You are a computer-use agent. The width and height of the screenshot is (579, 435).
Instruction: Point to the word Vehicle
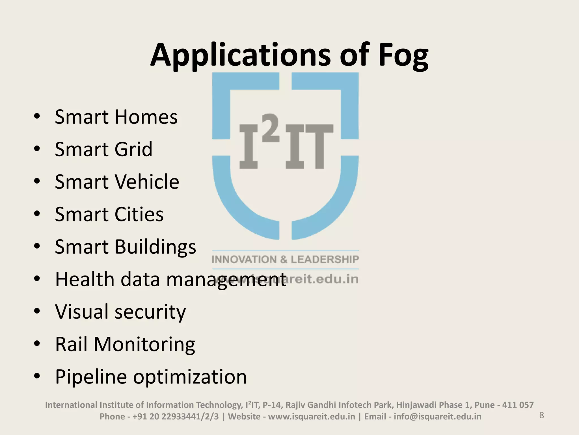click(x=147, y=182)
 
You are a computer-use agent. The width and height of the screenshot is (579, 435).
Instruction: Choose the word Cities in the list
click(x=135, y=214)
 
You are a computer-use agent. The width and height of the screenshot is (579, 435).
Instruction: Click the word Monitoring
click(x=144, y=345)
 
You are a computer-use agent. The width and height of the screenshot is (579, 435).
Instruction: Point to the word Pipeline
click(x=91, y=377)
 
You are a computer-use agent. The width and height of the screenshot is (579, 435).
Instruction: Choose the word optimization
click(x=190, y=377)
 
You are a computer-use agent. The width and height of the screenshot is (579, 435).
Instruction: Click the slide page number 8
click(x=542, y=415)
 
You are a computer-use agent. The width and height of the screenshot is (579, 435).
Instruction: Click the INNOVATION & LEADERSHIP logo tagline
click(x=285, y=259)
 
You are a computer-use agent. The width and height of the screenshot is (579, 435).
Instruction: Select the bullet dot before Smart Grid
click(x=37, y=149)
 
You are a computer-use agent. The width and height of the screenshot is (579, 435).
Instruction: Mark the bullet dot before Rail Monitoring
click(x=37, y=344)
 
